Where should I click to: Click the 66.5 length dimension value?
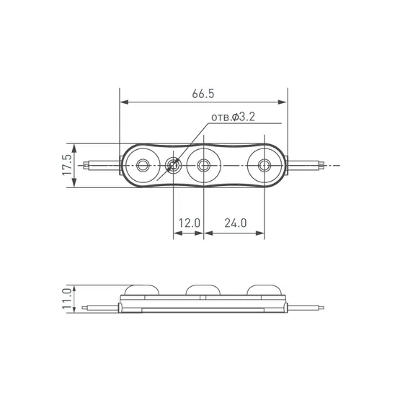(x=203, y=94)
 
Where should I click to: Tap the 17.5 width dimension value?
(x=67, y=165)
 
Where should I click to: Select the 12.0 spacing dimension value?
(x=189, y=223)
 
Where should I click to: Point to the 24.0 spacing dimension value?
(x=236, y=223)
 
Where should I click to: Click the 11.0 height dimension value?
(x=67, y=298)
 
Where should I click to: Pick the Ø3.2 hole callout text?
(x=234, y=117)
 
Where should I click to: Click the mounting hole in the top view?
(x=174, y=165)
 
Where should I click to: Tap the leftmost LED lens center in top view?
(x=143, y=165)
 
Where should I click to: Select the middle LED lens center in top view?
(x=203, y=165)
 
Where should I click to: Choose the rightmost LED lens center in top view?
(x=265, y=165)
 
